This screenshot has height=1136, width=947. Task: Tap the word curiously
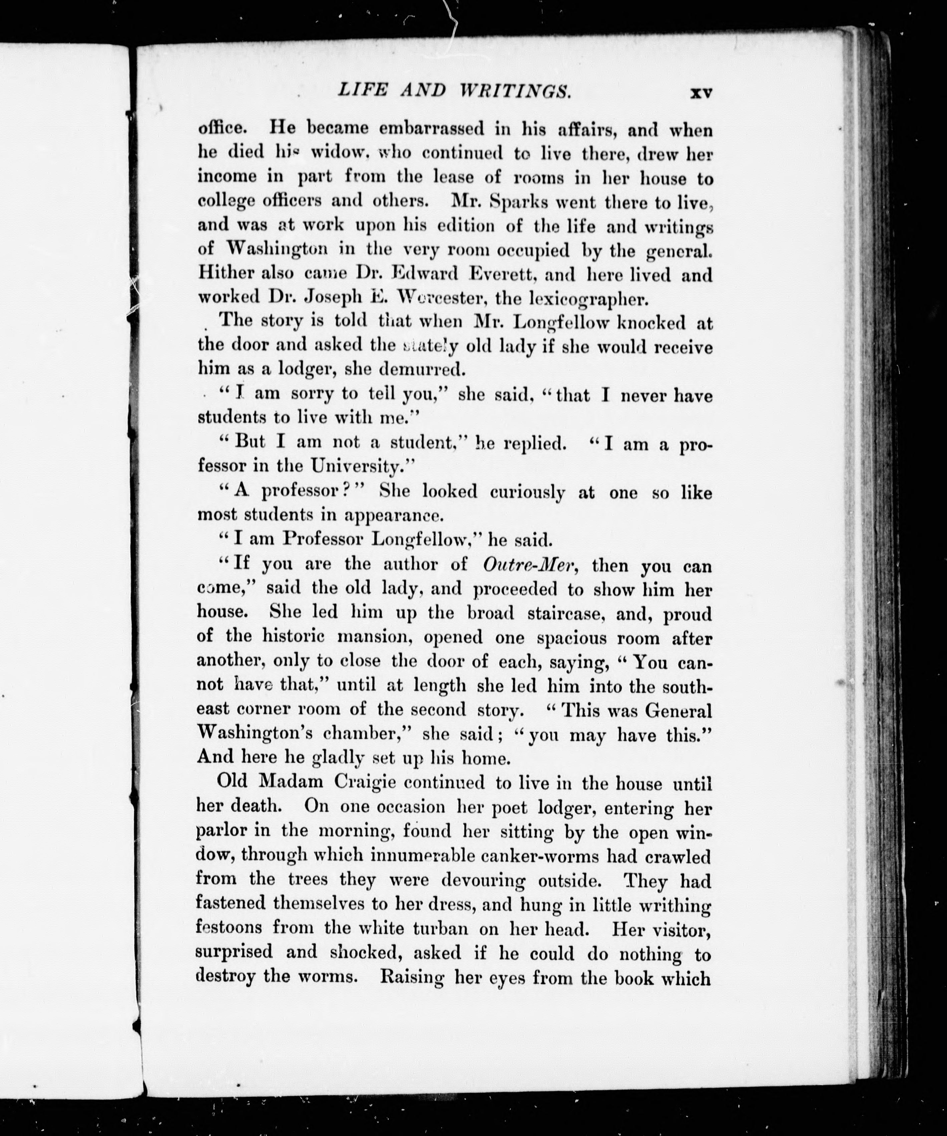click(527, 492)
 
